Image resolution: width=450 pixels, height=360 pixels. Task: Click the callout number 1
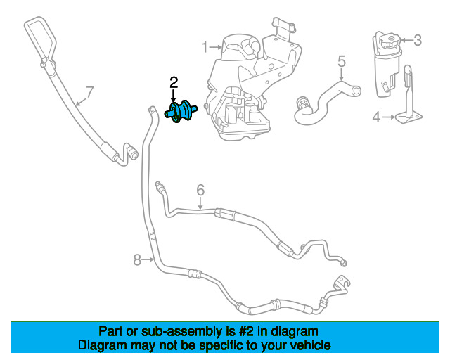tap(205, 47)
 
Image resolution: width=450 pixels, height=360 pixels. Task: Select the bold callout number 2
tap(174, 83)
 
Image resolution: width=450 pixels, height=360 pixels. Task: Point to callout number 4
tap(375, 117)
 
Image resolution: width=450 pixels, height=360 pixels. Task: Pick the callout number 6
tap(200, 189)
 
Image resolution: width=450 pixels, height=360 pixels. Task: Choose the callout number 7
tap(89, 91)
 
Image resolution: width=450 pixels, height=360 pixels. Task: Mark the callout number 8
tap(137, 260)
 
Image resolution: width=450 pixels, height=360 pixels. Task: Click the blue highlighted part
tap(181, 111)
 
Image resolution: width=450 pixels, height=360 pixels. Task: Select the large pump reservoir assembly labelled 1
tap(246, 77)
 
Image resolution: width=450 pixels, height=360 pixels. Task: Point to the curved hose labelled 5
tap(327, 98)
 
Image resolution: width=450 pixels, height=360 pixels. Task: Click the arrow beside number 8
tap(148, 260)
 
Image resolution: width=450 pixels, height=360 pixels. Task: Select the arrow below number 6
tap(200, 203)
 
